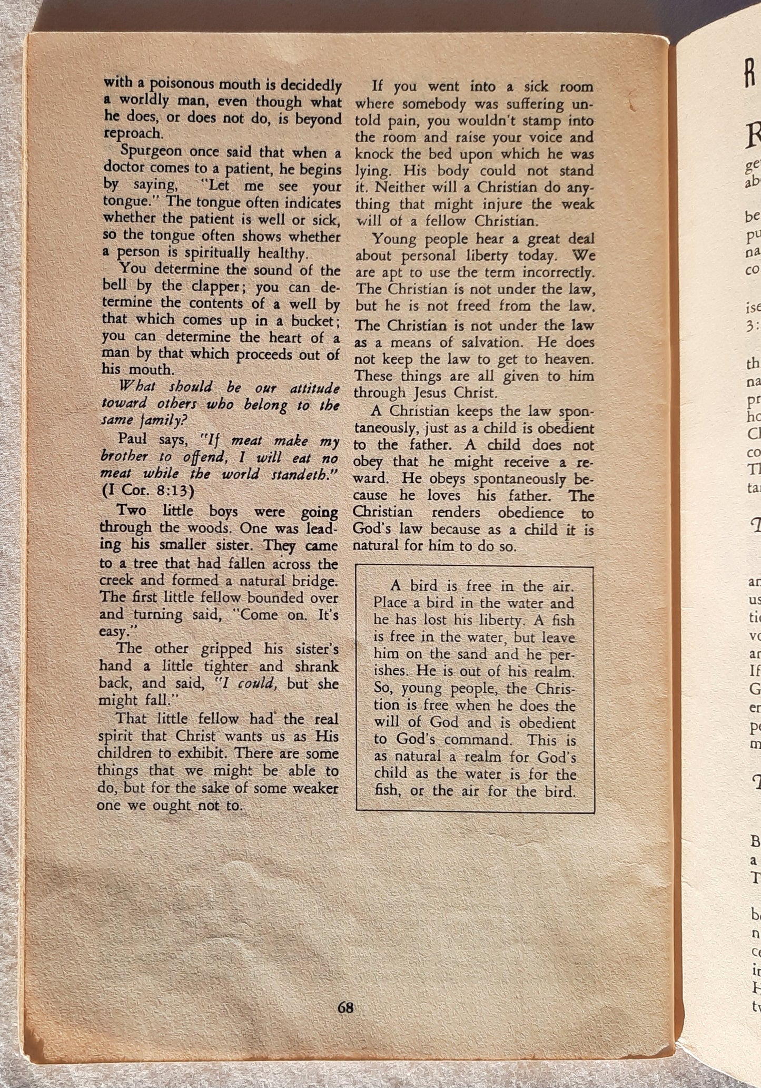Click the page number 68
coord(345,1007)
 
